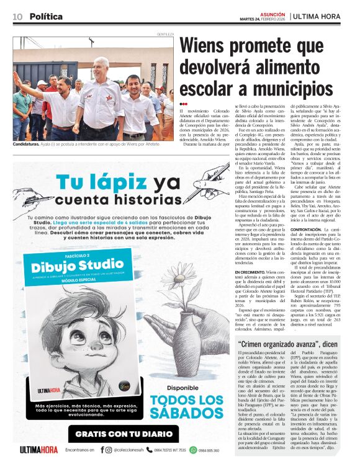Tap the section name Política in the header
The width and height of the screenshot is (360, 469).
point(47,17)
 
